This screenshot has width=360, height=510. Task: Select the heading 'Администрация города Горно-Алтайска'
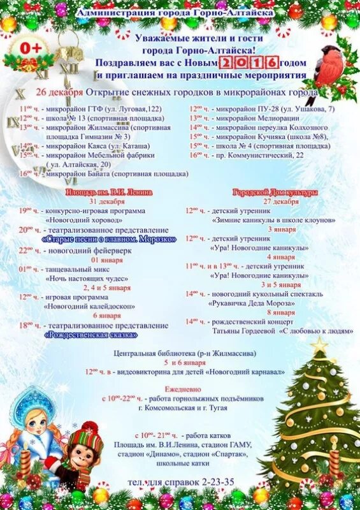pos(175,12)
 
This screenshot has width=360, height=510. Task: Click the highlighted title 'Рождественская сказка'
pos(90,334)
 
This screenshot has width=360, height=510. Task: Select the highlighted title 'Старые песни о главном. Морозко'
pos(109,238)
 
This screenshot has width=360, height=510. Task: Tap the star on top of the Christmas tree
pos(319,345)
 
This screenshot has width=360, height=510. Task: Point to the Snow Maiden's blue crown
pos(30,400)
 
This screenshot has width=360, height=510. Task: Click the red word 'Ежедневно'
pos(179,386)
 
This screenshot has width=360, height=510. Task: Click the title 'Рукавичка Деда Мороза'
pos(249,303)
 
